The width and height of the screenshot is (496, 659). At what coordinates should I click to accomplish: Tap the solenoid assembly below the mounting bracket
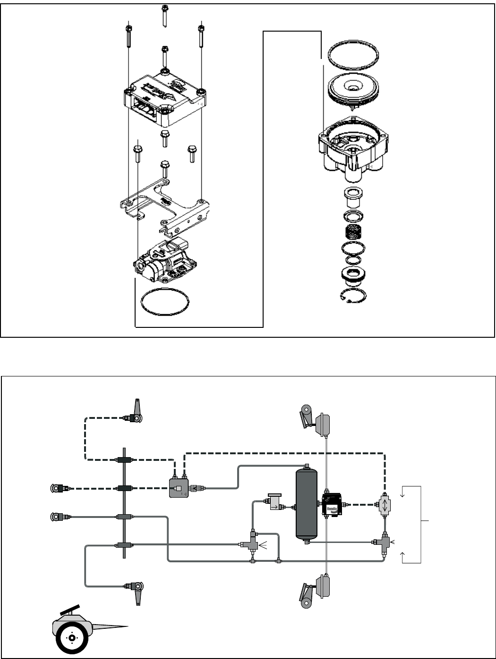[x=163, y=259]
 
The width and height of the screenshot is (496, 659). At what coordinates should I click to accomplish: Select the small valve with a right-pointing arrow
[x=274, y=506]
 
